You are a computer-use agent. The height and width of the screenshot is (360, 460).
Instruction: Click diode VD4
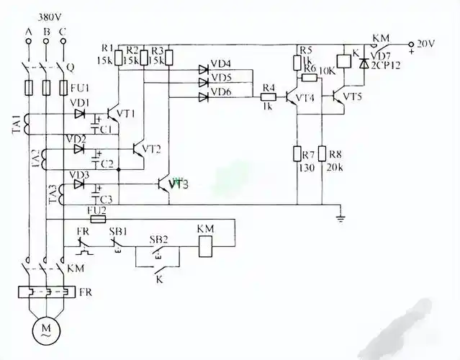tap(204, 70)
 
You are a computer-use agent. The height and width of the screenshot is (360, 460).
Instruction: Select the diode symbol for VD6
tap(204, 95)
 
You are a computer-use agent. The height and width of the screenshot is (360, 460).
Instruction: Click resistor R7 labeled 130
tap(297, 153)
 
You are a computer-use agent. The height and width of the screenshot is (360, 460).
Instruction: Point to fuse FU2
tap(97, 217)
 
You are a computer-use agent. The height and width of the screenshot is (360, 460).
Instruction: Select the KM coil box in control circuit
tap(205, 248)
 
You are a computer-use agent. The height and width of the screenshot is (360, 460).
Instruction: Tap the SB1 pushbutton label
tap(117, 232)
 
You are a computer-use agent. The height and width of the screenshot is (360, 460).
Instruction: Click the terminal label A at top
tap(29, 31)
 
